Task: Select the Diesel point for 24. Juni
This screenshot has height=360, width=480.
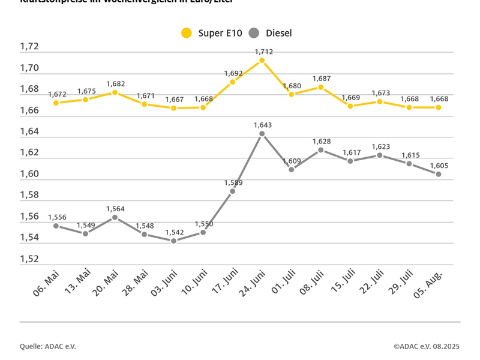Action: coord(262,133)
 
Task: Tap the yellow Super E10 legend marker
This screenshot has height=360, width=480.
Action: coord(187,33)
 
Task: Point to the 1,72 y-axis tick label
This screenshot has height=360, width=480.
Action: coord(29,46)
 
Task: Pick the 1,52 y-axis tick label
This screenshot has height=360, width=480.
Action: coord(29,259)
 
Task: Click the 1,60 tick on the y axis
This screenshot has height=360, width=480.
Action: coord(29,174)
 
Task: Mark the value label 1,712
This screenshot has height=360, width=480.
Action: coord(263,52)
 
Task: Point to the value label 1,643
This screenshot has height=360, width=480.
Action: coord(263,125)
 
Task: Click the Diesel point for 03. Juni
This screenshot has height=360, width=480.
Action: coord(174,241)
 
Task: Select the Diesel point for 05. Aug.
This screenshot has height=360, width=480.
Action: coord(439,174)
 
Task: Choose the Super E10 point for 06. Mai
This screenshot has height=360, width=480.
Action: coord(56,103)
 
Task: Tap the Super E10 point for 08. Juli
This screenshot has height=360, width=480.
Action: coord(321,87)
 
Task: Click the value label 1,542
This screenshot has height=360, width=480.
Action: coord(174,232)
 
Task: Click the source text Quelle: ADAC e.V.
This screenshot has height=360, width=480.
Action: coord(48,346)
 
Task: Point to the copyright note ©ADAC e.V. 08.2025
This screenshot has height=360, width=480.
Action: coord(427,346)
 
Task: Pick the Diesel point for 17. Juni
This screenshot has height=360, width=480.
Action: coord(233,191)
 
